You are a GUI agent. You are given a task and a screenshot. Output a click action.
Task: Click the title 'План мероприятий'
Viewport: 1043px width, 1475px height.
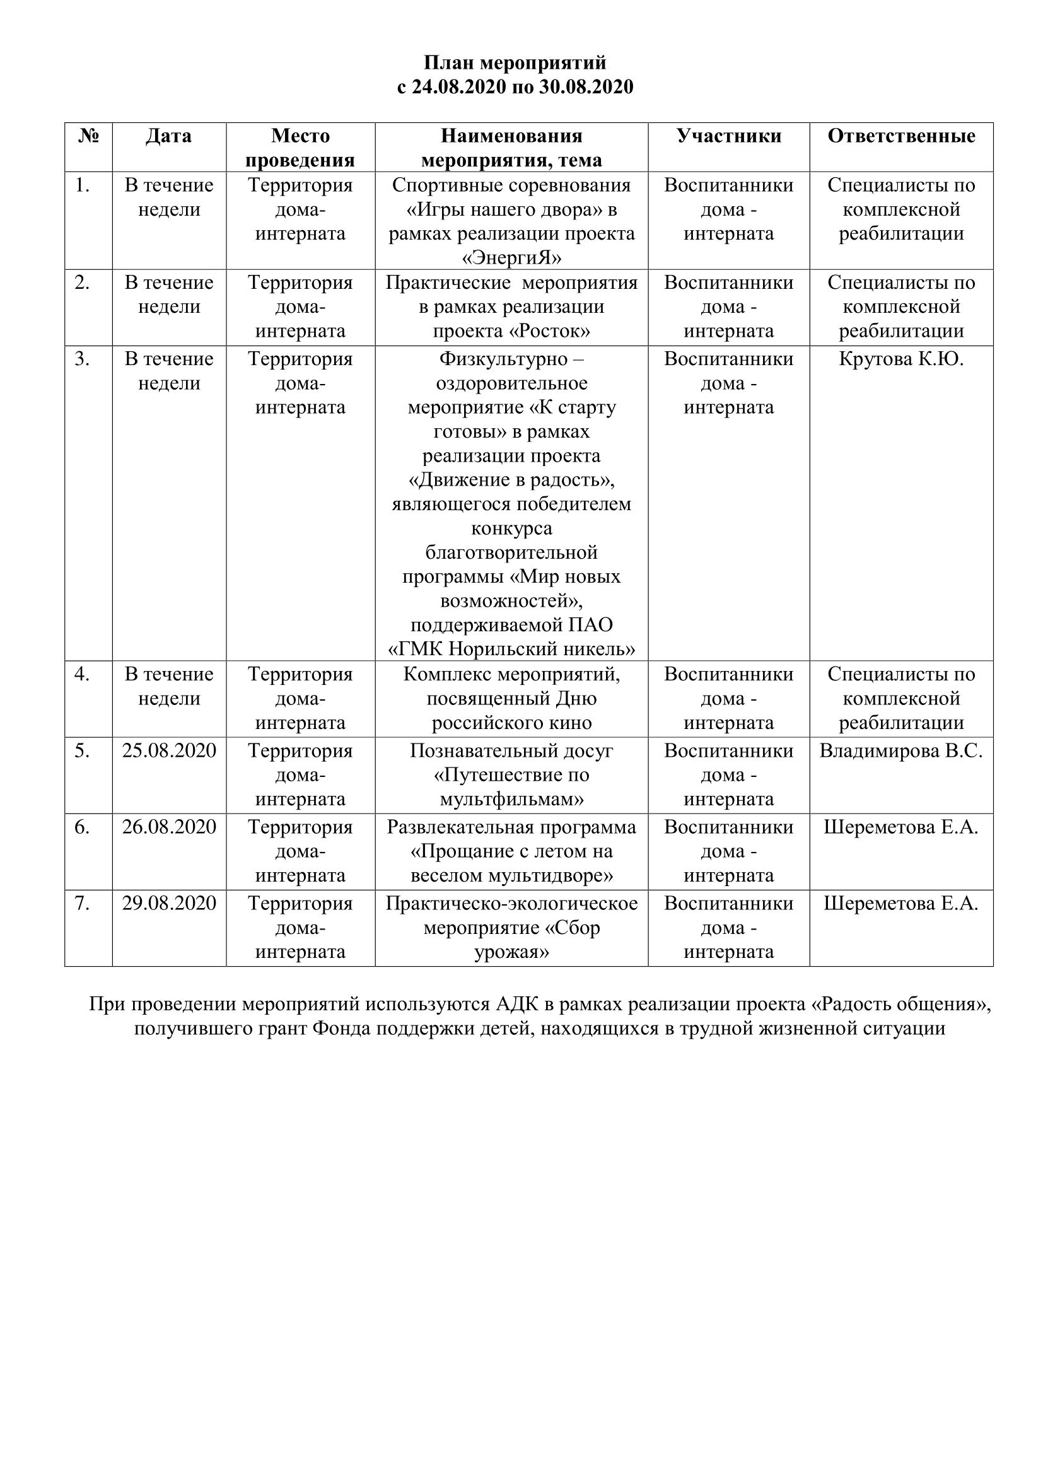[515, 63]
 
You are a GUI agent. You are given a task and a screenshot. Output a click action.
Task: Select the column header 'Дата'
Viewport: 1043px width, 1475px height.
[169, 136]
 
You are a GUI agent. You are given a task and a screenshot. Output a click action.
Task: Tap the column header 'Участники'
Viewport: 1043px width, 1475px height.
[728, 136]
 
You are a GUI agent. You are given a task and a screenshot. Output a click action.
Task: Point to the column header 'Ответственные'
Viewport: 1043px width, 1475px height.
[901, 136]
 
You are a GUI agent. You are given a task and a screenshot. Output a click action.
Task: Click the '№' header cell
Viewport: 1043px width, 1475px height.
[89, 136]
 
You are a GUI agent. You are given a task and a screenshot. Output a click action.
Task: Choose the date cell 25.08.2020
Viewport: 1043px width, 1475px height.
[169, 750]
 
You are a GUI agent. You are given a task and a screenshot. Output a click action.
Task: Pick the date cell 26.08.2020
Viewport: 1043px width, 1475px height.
[169, 827]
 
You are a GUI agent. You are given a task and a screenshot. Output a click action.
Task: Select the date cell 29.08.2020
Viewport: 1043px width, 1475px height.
[169, 903]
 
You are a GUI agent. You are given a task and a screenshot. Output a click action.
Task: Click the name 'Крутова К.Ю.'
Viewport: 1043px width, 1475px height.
[901, 359]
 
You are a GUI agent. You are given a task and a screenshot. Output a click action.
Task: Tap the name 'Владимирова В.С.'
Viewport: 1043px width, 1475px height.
[901, 750]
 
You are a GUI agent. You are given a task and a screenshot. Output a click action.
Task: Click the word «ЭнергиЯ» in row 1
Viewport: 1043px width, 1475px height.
[511, 258]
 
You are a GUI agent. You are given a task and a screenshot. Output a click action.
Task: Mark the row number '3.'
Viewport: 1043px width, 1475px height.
[81, 359]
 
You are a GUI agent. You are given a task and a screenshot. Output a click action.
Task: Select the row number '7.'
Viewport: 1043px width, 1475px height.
[81, 903]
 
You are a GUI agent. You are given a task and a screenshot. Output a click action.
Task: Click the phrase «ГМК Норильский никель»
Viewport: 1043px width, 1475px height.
[511, 650]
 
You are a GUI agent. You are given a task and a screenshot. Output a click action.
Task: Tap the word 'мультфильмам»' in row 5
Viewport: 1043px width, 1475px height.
[511, 799]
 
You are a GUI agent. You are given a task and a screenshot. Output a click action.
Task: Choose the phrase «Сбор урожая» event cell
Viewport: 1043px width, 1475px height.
[511, 940]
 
